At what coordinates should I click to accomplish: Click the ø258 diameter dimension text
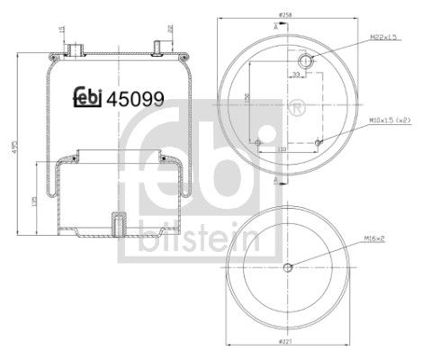coord(285,16)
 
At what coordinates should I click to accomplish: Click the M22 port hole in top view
coord(306,60)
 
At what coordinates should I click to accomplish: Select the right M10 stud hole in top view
coord(319,141)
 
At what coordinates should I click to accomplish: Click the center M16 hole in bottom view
coord(287,265)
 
